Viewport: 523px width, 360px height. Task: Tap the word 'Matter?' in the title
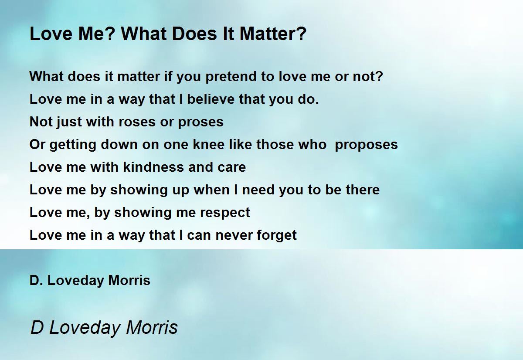pos(273,34)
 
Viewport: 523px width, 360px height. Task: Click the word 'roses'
pos(137,122)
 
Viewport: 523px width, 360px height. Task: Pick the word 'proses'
pos(201,122)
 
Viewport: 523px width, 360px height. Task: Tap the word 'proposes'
pos(366,145)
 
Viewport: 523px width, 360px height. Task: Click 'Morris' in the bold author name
pos(129,280)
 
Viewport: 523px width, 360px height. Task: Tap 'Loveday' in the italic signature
pos(85,328)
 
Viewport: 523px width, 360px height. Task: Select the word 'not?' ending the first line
pos(368,76)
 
